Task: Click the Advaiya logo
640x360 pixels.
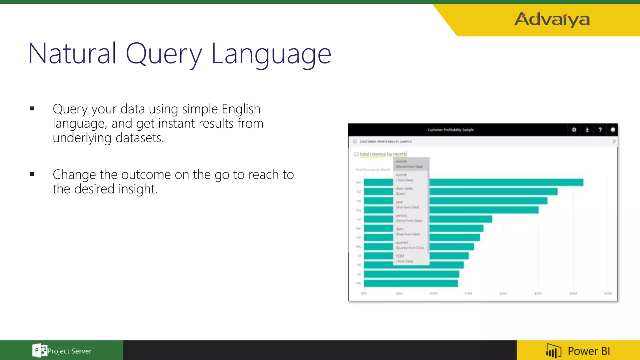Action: click(x=552, y=19)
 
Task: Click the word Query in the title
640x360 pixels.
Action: click(x=164, y=54)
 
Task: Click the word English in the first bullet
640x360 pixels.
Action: click(x=241, y=109)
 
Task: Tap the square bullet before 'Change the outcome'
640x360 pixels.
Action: click(x=32, y=174)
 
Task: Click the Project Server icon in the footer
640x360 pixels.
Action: click(x=39, y=351)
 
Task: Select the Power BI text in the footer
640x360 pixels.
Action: click(x=589, y=351)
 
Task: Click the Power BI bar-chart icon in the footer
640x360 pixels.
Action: click(x=553, y=351)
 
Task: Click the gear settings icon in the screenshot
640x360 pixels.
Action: click(x=574, y=130)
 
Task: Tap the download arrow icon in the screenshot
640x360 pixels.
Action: click(x=587, y=130)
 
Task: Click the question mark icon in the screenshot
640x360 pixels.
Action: click(x=600, y=130)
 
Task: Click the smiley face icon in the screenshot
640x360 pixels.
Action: click(x=613, y=130)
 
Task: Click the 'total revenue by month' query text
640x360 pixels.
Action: click(x=383, y=154)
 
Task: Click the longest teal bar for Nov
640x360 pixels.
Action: click(x=506, y=182)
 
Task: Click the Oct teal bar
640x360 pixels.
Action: click(x=494, y=192)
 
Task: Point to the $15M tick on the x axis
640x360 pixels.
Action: click(x=468, y=293)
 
